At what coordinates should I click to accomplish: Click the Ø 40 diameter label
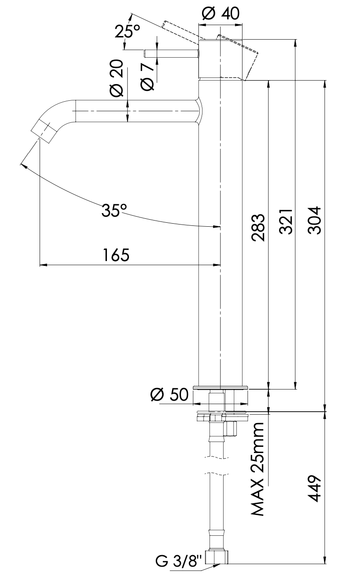coord(221,14)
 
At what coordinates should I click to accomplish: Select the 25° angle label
coord(128,32)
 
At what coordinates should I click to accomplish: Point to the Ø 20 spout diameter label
coord(116,79)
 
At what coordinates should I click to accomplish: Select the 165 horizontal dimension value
coord(116,255)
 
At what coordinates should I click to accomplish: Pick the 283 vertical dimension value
coord(258,228)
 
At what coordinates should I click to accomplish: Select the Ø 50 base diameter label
coord(169,394)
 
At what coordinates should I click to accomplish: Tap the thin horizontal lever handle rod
coord(172,54)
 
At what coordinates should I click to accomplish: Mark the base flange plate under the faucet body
coord(220,388)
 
